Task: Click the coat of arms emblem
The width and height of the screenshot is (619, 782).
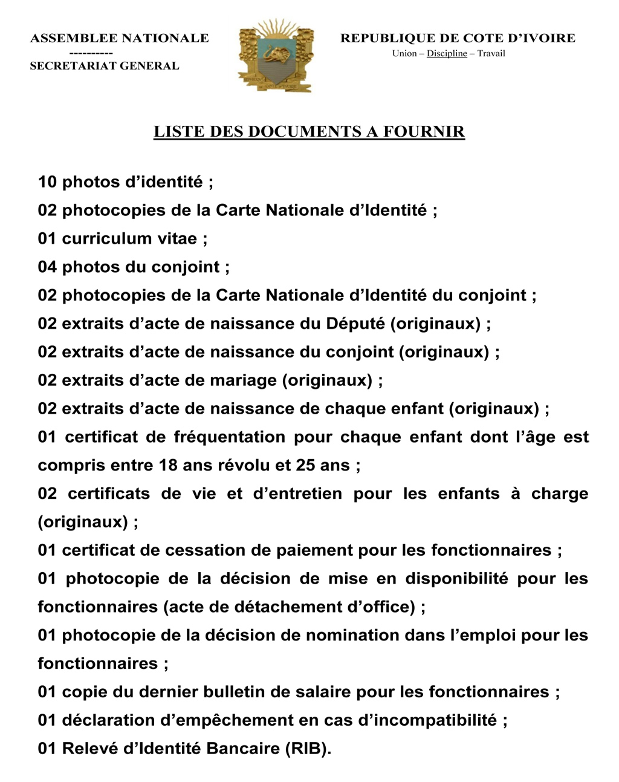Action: (276, 56)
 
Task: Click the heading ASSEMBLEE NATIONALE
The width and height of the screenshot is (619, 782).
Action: (119, 39)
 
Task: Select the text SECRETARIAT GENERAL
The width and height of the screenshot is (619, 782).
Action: (105, 66)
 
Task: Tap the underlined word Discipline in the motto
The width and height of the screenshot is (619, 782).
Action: (447, 53)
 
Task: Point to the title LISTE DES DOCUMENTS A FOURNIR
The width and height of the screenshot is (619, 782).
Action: (309, 131)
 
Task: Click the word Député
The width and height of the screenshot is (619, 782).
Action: (355, 324)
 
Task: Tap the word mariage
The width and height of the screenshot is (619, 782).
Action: (243, 380)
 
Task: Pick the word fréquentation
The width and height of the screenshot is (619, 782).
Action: (230, 437)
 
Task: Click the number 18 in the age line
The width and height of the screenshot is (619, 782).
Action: (169, 465)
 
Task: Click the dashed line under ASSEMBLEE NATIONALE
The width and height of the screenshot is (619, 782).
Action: (91, 53)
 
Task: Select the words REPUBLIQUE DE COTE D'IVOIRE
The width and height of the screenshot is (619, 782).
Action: (458, 39)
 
